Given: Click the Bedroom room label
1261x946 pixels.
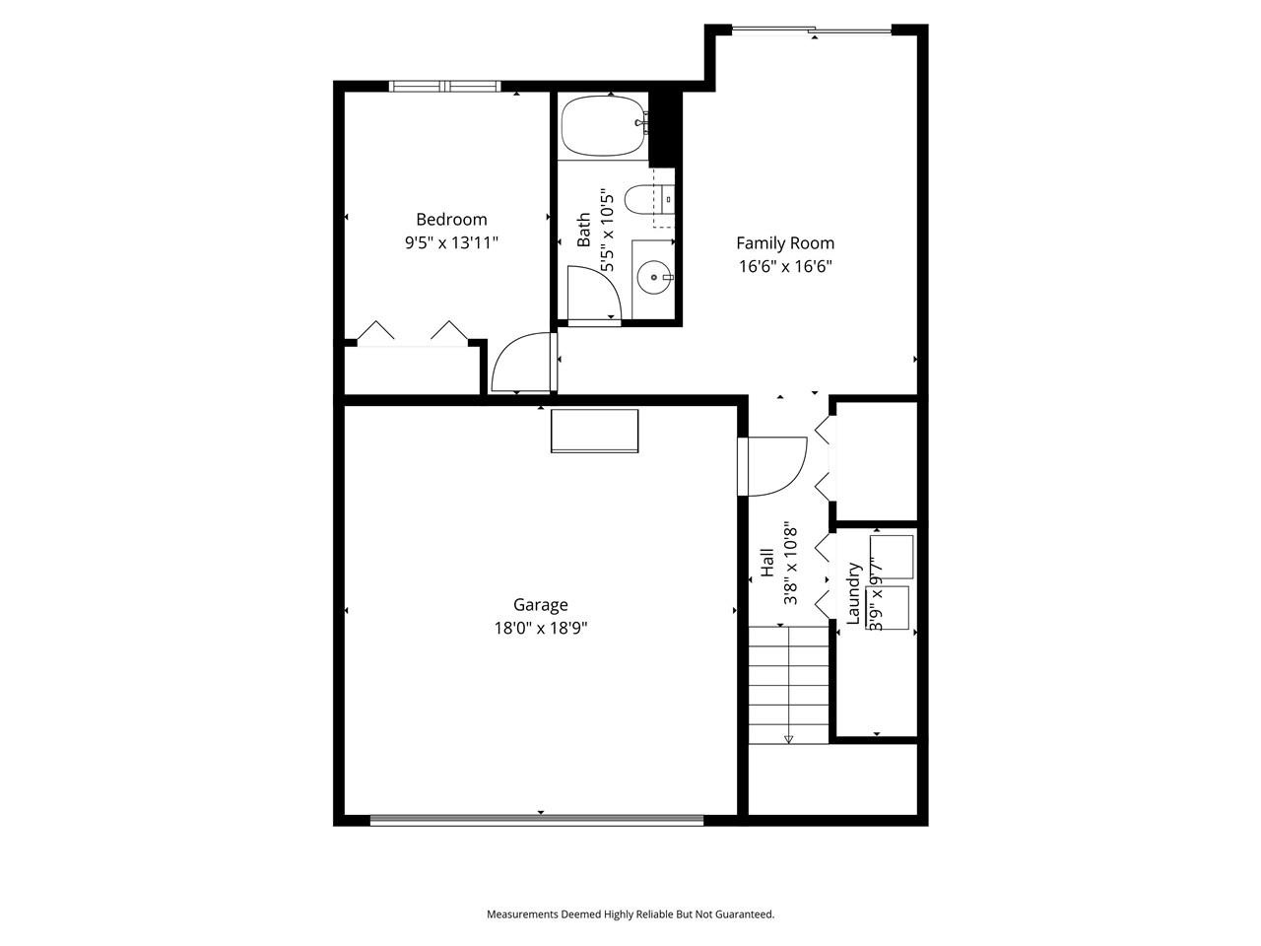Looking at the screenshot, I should point(451,220).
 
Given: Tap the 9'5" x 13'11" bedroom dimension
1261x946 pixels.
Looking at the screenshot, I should point(451,242).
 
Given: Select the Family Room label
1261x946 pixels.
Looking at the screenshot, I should point(785,242).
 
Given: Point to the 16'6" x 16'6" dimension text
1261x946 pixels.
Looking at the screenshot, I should point(785,266).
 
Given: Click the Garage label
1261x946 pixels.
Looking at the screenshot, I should point(540,605).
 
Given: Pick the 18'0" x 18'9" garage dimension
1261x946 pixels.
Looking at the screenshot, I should point(540,629).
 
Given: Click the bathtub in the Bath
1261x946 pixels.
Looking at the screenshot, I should point(603,126).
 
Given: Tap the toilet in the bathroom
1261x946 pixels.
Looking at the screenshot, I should point(649,200).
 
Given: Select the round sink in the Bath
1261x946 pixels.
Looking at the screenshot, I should point(653,279).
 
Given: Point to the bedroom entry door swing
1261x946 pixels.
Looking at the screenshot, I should point(520,363).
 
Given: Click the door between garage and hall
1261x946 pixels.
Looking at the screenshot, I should point(772,465).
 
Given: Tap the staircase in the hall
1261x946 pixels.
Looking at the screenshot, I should point(788,685).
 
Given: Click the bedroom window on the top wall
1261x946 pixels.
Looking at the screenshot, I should point(445,87).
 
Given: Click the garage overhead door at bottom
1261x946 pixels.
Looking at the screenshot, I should point(537,819).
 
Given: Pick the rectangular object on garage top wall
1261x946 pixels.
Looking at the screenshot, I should point(594,431).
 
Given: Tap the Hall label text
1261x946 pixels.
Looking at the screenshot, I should point(767,563).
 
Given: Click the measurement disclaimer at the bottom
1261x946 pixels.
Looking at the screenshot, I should point(630,914).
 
